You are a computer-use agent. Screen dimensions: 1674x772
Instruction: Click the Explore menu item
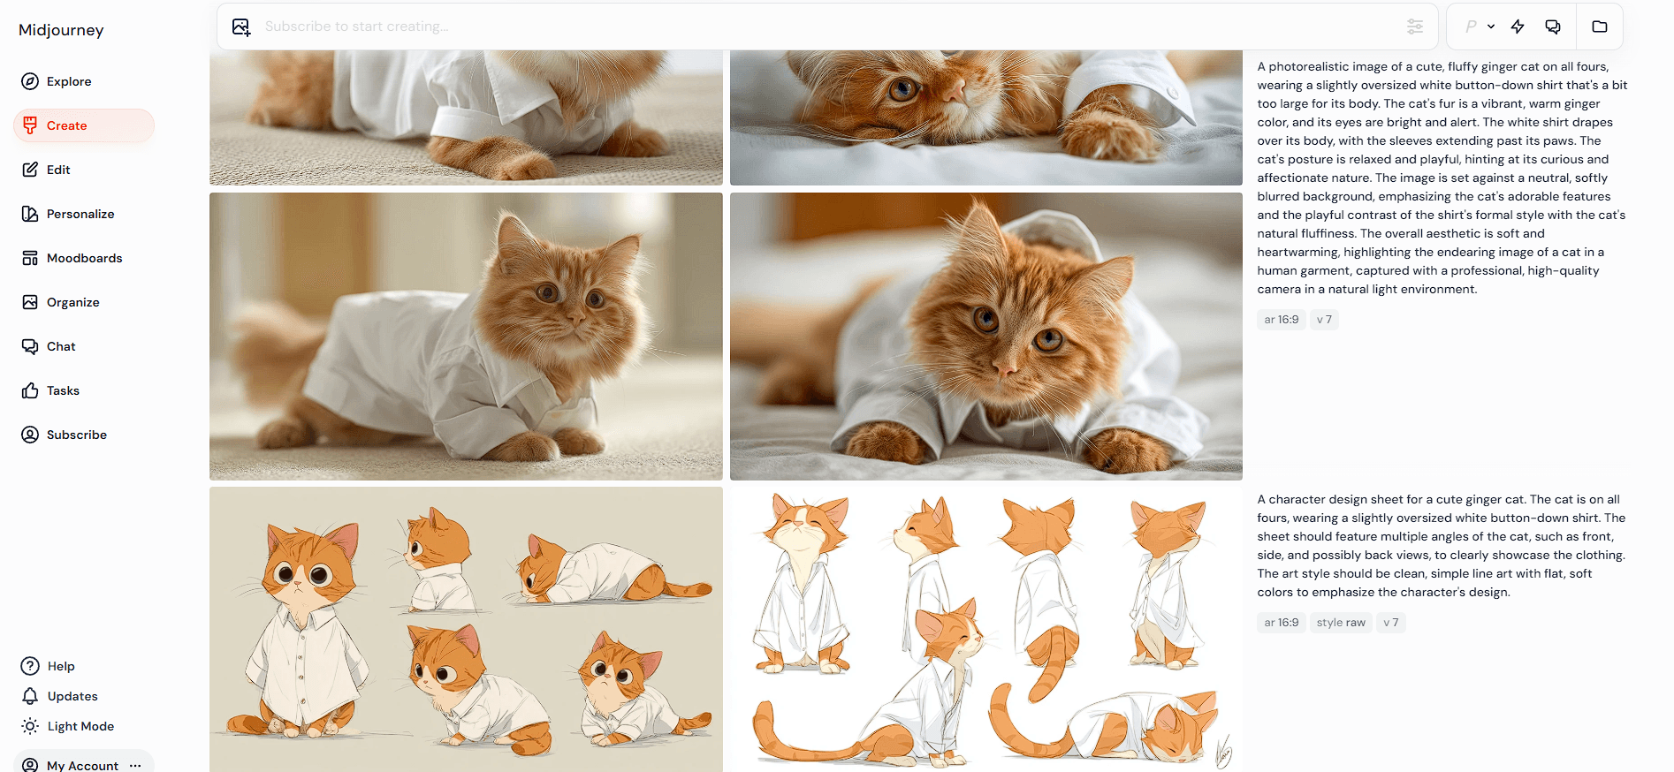coord(57,81)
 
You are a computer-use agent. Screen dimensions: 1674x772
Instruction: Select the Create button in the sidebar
coord(84,125)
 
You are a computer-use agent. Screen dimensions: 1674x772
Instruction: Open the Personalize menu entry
coord(68,214)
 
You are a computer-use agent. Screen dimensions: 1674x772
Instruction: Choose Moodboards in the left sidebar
coord(72,258)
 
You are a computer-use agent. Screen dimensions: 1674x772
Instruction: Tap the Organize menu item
coord(61,302)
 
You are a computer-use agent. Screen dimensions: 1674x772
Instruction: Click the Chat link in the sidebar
coord(49,346)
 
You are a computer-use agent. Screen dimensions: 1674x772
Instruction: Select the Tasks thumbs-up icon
coord(30,390)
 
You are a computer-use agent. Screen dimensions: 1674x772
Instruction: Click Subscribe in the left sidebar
coord(65,435)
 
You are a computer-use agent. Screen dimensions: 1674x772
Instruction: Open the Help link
coord(49,666)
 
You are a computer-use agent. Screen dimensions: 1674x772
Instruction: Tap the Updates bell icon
coord(30,696)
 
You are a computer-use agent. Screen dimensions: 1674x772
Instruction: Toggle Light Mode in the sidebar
coord(68,726)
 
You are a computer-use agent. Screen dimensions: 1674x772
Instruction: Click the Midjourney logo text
coord(61,30)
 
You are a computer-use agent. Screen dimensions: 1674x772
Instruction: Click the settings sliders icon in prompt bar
coord(1415,26)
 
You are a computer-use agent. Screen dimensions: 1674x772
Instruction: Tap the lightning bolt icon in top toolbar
coord(1518,26)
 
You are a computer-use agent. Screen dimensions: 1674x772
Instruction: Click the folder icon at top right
coord(1600,26)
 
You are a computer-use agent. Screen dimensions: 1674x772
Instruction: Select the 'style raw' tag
coord(1341,623)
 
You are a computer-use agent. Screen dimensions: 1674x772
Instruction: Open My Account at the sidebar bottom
coord(82,765)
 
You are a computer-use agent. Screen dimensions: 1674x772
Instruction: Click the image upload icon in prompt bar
coord(241,26)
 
